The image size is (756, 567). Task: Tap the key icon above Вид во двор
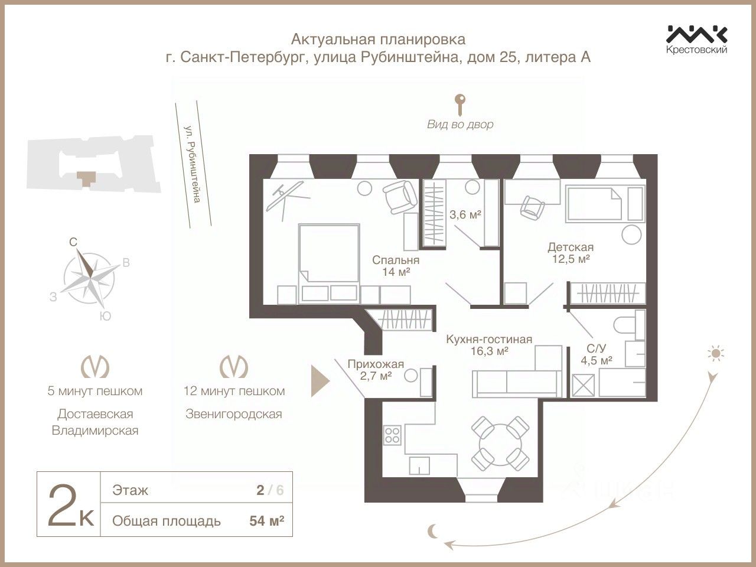[x=460, y=105]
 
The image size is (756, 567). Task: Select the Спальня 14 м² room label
[x=396, y=266]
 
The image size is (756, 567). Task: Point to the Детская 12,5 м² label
[x=571, y=253]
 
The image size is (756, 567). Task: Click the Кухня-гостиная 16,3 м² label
[x=489, y=345]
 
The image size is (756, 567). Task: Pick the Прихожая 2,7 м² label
[x=376, y=369]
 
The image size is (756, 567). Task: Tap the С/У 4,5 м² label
[x=596, y=354]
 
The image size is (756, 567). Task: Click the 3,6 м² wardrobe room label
[x=465, y=215]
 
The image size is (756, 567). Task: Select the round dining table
[x=500, y=444]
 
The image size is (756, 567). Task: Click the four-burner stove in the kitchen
[x=392, y=435]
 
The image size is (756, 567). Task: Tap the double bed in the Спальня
[x=329, y=263]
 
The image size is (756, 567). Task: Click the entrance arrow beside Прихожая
[x=320, y=382]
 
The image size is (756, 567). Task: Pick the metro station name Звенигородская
[x=234, y=414]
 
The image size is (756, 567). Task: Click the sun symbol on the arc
[x=716, y=354]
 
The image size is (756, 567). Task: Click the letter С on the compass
[x=73, y=242]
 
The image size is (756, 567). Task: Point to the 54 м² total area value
[x=266, y=521]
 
